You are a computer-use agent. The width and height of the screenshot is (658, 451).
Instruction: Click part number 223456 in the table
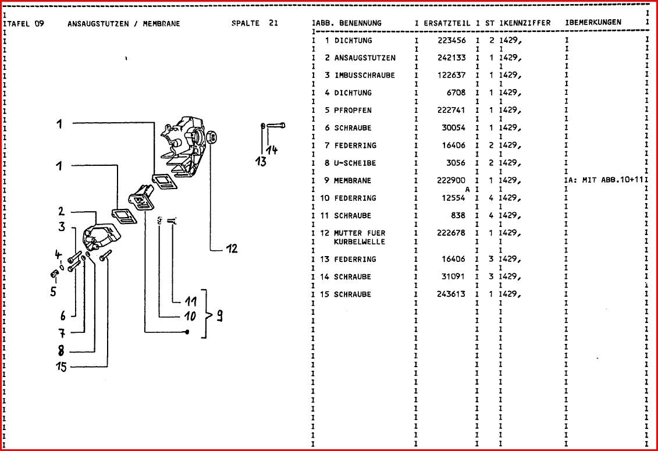(451, 41)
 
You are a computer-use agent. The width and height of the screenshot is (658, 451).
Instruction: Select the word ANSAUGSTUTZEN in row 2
(365, 58)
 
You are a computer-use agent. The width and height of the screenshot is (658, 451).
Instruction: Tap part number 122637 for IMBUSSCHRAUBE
(451, 76)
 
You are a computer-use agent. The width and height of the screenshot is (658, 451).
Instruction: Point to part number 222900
(451, 180)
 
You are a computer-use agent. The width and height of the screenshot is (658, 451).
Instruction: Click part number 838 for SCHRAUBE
(458, 215)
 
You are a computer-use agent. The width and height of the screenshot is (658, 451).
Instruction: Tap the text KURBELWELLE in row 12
(359, 242)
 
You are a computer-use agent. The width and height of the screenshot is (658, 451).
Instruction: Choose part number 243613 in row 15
(451, 294)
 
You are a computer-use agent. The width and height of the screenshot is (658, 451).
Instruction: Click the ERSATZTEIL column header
(447, 23)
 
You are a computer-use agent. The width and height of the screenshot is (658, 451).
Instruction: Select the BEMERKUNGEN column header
(595, 23)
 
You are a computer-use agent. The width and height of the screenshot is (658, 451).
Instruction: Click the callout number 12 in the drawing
(232, 249)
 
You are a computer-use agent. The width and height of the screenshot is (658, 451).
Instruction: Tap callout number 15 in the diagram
(61, 367)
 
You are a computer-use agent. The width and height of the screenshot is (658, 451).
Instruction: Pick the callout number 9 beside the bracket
(220, 316)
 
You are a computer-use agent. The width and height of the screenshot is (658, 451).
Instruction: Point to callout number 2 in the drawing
(61, 212)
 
